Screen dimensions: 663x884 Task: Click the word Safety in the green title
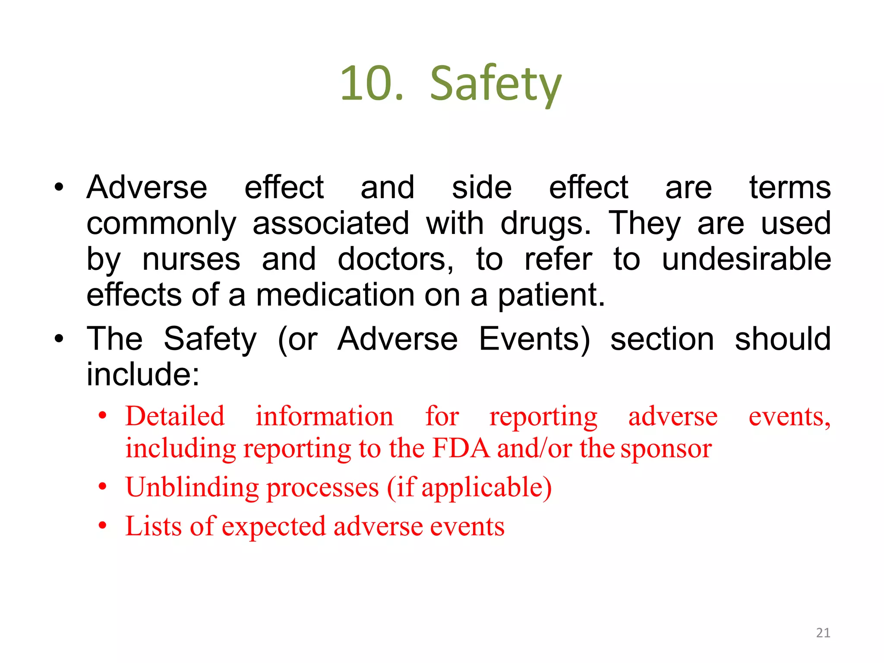point(496,84)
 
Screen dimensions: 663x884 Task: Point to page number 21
point(823,633)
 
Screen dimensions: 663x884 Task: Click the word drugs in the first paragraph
point(545,224)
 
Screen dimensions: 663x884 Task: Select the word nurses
point(191,259)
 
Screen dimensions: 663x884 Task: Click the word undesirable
point(746,259)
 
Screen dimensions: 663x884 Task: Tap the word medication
point(335,295)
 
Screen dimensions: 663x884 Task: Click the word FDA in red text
point(461,448)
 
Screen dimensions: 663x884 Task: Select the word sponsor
point(666,449)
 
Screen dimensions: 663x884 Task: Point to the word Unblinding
point(191,487)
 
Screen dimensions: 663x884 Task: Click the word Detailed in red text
point(175,417)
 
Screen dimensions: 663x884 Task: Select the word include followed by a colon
point(142,374)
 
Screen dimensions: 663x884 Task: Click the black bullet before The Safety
point(59,339)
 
